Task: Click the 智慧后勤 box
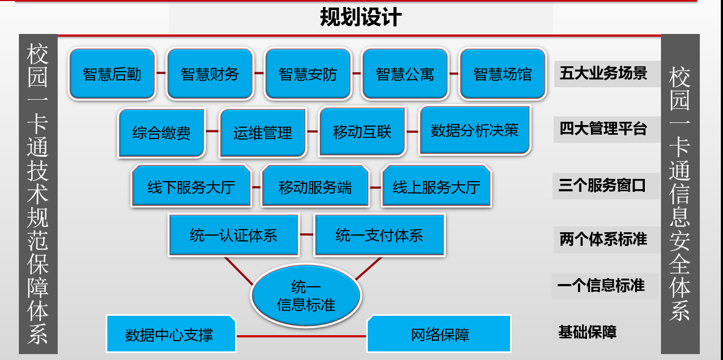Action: (x=112, y=74)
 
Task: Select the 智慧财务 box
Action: (x=210, y=74)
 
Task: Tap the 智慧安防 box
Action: (x=308, y=74)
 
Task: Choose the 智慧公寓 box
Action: (x=405, y=74)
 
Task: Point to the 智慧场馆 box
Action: (x=502, y=74)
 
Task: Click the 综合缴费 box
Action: (x=161, y=133)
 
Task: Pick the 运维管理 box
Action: (x=263, y=133)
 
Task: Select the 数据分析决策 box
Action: (x=474, y=130)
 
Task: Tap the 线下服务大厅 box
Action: (x=191, y=186)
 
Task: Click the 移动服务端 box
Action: (x=315, y=186)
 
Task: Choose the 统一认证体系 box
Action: (x=233, y=235)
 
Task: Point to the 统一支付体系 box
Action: (x=380, y=235)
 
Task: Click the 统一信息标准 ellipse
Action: (x=306, y=295)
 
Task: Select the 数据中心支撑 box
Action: (x=171, y=334)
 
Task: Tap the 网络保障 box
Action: (x=439, y=334)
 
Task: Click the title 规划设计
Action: (x=361, y=17)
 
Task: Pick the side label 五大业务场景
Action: (x=603, y=73)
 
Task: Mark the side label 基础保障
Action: (x=588, y=332)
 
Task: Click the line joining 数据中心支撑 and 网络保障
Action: (x=301, y=336)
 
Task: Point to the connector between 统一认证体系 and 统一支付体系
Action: (x=307, y=234)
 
